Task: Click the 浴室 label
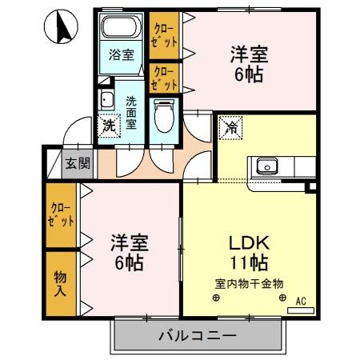point(122,56)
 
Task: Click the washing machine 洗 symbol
point(107,124)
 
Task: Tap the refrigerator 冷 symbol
point(230,126)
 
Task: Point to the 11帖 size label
point(250,263)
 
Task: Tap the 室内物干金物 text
point(249,283)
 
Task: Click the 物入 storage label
point(60,281)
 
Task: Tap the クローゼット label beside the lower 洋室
point(61,214)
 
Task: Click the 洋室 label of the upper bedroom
point(249,56)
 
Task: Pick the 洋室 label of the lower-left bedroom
point(129,242)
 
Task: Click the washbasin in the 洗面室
point(106,101)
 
